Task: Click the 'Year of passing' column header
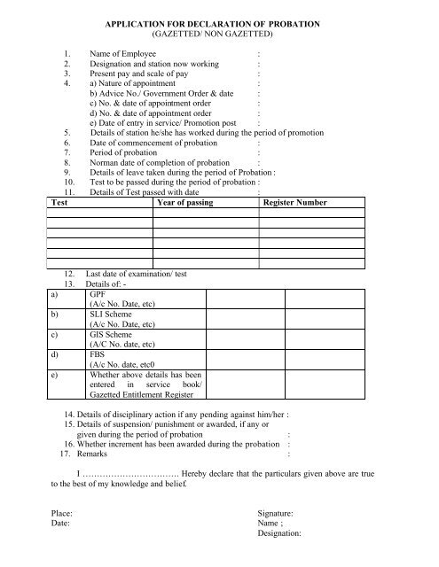click(189, 203)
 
